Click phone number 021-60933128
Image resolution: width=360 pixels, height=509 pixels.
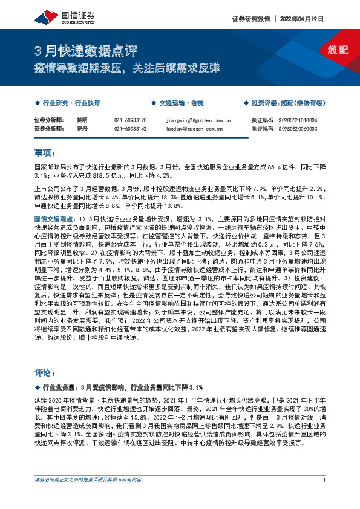pyautogui.click(x=130, y=120)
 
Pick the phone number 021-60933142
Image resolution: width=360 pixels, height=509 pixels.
pyautogui.click(x=130, y=128)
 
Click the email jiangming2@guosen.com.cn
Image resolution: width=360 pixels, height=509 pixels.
pyautogui.click(x=194, y=120)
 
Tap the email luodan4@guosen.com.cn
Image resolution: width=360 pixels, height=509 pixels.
pyautogui.click(x=189, y=128)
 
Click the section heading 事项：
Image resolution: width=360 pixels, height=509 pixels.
pyautogui.click(x=45, y=151)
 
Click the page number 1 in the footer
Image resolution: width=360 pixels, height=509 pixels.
pyautogui.click(x=325, y=497)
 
